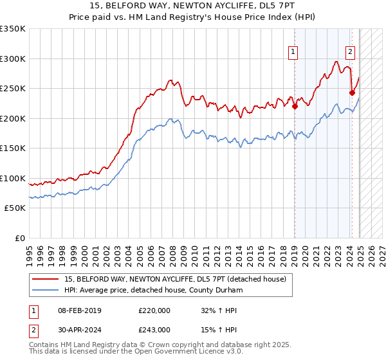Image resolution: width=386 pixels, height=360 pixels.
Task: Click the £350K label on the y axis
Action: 12,29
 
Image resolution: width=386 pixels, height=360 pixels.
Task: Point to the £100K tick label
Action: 12,178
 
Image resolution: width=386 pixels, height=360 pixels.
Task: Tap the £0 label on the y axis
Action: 19,238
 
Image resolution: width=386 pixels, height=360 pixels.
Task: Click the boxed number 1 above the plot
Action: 293,52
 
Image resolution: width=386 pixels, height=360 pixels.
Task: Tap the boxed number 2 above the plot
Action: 350,52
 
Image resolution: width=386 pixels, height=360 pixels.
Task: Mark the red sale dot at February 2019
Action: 295,107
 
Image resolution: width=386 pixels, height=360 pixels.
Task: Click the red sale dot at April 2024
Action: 352,93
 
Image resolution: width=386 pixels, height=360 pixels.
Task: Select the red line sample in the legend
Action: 46,278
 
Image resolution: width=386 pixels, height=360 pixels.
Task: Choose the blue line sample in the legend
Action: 46,290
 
